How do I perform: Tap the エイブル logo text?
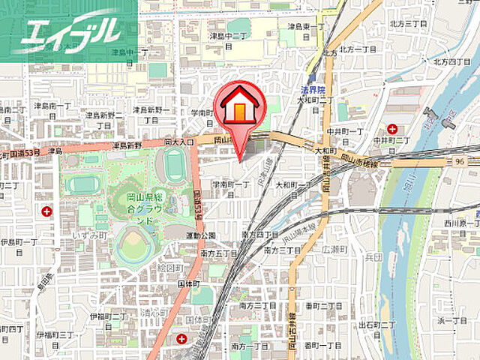coord(71,31)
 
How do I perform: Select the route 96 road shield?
coord(459,161)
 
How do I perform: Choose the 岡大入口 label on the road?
coord(178,140)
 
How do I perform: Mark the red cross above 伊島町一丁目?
coord(47,212)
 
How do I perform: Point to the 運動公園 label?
coord(202,235)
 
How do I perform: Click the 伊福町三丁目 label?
coord(52,334)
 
